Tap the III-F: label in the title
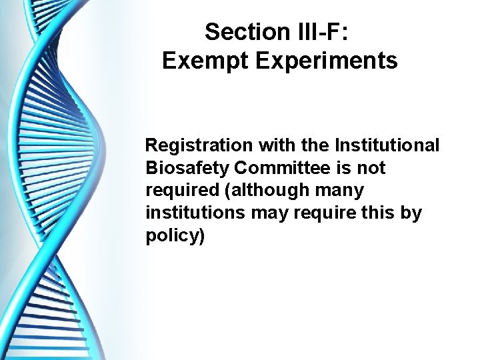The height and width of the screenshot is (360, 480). pyautogui.click(x=316, y=31)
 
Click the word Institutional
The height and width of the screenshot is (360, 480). pyautogui.click(x=390, y=145)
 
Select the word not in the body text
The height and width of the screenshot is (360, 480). pyautogui.click(x=371, y=167)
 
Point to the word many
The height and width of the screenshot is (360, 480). pyautogui.click(x=341, y=190)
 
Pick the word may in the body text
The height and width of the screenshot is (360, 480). pyautogui.click(x=265, y=213)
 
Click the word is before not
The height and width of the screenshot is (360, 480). pyautogui.click(x=346, y=167)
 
